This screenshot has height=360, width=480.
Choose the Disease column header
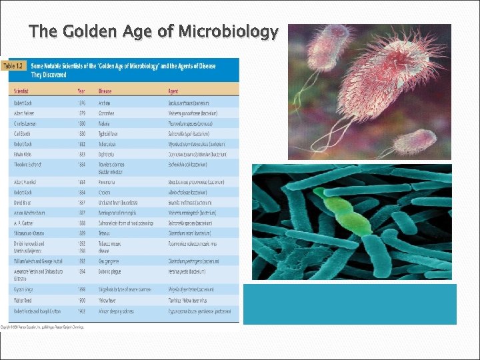point(105,91)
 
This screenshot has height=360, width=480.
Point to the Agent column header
point(175,91)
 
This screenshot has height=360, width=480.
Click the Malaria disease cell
point(105,123)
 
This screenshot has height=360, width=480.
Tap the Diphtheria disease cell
point(107,154)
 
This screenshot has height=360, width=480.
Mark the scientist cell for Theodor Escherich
point(29,165)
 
